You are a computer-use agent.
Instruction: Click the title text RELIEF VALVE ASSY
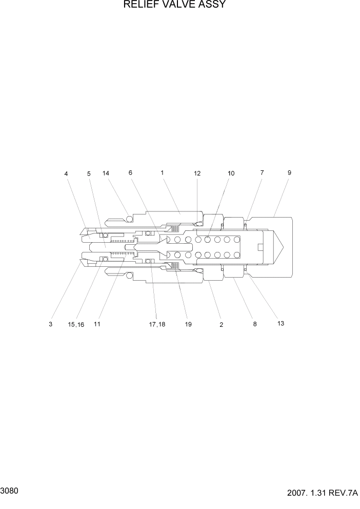coord(174,6)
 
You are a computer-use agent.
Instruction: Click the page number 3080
coord(11,491)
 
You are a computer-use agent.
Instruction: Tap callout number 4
coord(66,174)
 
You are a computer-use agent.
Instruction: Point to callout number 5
coord(89,174)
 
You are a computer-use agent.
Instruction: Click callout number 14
coord(106,173)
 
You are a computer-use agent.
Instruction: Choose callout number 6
coord(130,173)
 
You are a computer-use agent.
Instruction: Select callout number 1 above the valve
coord(162,173)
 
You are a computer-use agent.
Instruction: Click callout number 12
coord(197,173)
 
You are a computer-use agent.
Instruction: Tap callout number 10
coord(231,173)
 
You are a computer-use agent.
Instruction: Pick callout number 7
coord(262,173)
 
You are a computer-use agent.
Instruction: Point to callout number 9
coord(289,173)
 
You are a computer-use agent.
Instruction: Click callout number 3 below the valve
coord(51,324)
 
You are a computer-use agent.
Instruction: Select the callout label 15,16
coord(75,324)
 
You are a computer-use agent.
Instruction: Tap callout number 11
coord(97,324)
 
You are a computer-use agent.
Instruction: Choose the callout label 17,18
coord(157,324)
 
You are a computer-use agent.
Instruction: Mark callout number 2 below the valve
coord(222,325)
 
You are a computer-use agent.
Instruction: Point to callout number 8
coord(254,324)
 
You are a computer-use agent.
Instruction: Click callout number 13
coord(280,324)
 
